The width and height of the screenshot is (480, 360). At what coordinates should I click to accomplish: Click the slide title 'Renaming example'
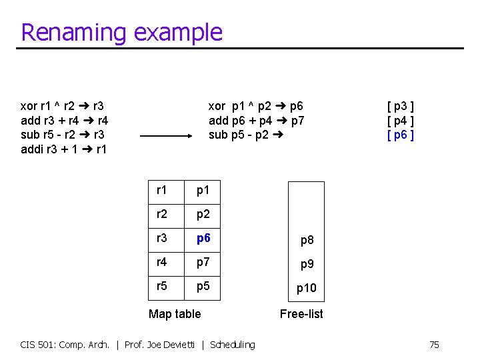pyautogui.click(x=121, y=32)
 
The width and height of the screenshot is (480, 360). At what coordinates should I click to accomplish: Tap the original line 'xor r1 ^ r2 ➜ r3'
pyautogui.click(x=61, y=105)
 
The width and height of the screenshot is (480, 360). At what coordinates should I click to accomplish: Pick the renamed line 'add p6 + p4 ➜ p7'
pyautogui.click(x=257, y=120)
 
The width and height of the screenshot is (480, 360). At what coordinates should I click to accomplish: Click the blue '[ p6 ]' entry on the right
pyautogui.click(x=401, y=135)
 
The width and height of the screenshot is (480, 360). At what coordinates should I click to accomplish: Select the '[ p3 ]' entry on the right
pyautogui.click(x=401, y=105)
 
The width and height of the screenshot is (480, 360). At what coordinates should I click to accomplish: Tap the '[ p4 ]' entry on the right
pyautogui.click(x=401, y=120)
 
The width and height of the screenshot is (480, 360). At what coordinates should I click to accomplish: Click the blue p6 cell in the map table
pyautogui.click(x=203, y=239)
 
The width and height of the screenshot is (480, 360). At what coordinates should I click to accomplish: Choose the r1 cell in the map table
pyautogui.click(x=162, y=190)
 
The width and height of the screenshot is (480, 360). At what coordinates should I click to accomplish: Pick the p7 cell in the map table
pyautogui.click(x=203, y=263)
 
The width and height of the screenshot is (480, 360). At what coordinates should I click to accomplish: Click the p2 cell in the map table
pyautogui.click(x=203, y=214)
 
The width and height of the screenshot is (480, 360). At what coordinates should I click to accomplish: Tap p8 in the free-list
pyautogui.click(x=307, y=240)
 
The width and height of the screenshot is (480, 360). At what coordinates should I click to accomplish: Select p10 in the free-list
pyautogui.click(x=307, y=288)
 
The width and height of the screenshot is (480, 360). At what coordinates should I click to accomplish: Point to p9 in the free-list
pyautogui.click(x=307, y=264)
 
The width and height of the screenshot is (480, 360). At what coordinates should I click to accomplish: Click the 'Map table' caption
pyautogui.click(x=175, y=314)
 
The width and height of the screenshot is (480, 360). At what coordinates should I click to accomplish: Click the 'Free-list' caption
pyautogui.click(x=301, y=314)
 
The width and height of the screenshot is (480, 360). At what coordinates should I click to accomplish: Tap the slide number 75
pyautogui.click(x=434, y=345)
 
